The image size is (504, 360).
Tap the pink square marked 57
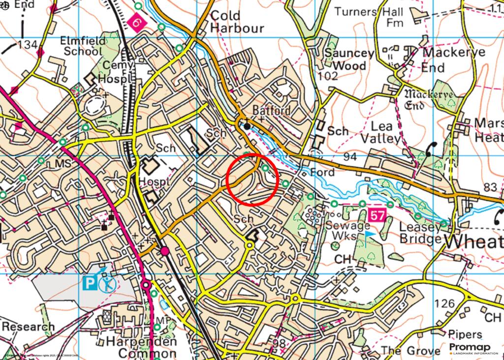pos(377,215)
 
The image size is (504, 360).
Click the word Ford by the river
pos(322,173)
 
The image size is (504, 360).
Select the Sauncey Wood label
pos(349,59)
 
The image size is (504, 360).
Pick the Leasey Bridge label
pos(420,233)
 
